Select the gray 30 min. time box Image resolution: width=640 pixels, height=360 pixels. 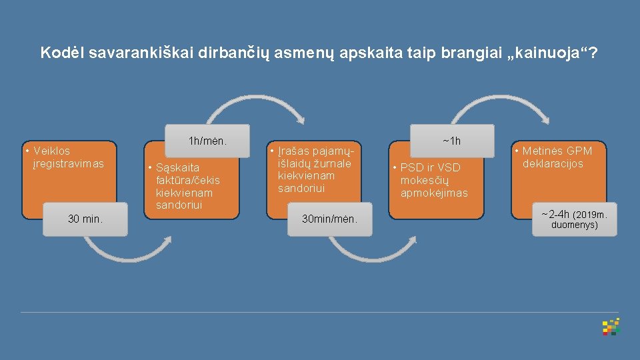point(85,219)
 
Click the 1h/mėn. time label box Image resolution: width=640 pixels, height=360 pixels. point(207,141)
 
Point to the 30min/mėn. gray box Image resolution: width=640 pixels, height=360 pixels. point(329,219)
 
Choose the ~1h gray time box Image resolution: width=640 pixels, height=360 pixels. point(451,141)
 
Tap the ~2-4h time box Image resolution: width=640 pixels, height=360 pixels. point(575,219)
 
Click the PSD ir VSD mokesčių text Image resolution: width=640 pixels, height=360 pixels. point(433,180)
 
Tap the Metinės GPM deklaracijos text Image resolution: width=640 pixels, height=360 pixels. point(557,157)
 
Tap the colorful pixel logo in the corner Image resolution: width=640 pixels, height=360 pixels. point(611,326)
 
